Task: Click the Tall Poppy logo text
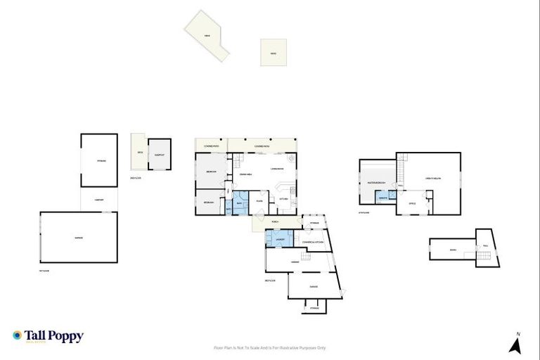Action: [54, 336]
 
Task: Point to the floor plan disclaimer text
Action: [269, 347]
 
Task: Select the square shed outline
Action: [273, 53]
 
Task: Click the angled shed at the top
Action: [207, 35]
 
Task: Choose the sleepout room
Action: [160, 154]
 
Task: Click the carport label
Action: [99, 200]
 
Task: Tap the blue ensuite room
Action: [385, 197]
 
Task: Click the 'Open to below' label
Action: [432, 179]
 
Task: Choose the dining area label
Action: [246, 174]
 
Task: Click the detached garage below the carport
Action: [78, 238]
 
